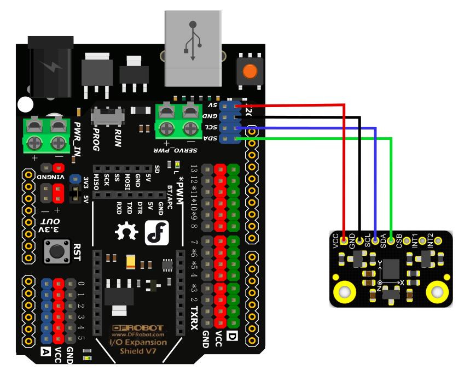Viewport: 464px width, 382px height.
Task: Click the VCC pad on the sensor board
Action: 344,240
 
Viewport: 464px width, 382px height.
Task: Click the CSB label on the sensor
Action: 399,240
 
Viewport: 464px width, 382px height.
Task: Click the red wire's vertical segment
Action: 344,169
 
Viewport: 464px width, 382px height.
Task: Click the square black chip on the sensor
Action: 391,269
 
